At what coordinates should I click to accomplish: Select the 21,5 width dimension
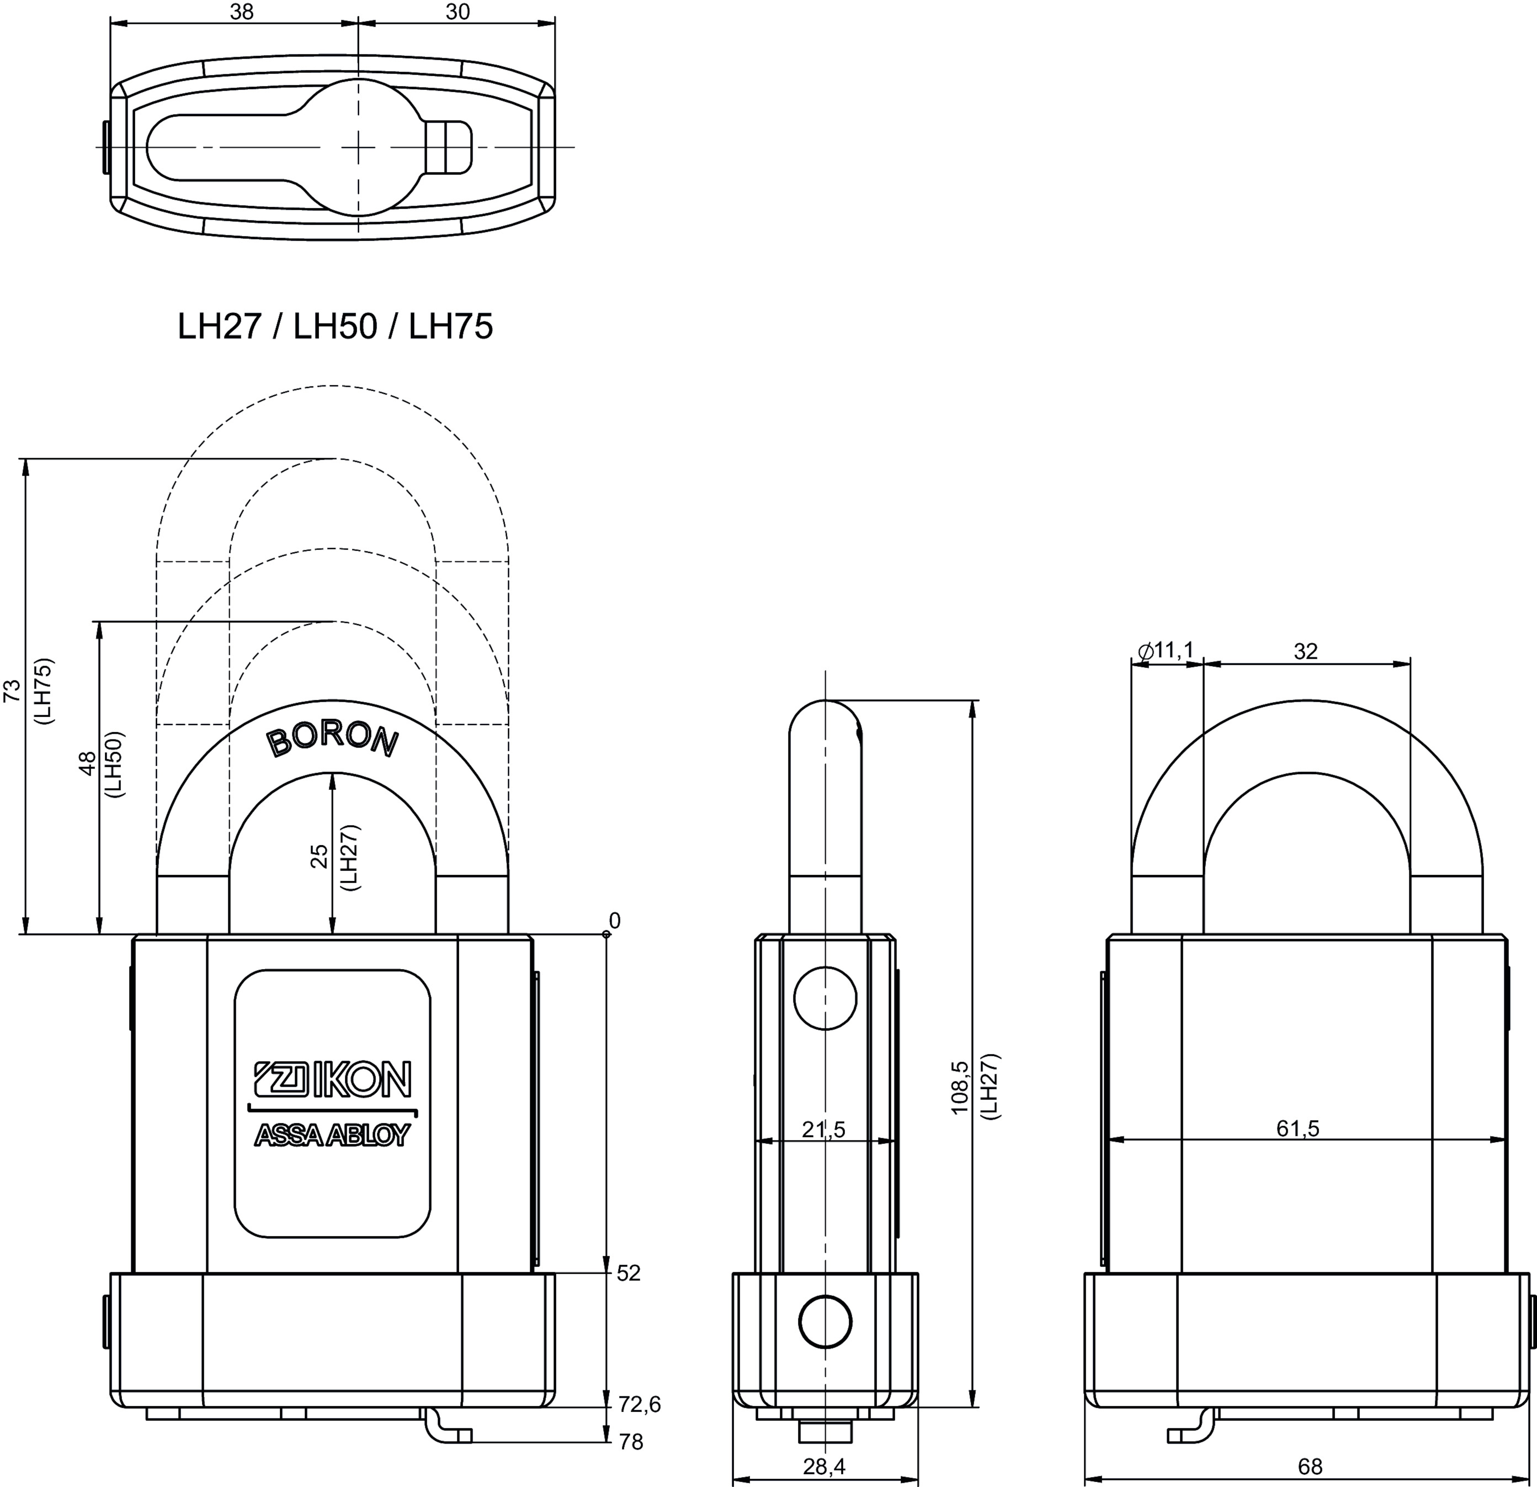824,1130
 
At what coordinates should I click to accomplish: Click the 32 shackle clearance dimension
1306,651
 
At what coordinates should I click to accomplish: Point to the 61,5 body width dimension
1298,1128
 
